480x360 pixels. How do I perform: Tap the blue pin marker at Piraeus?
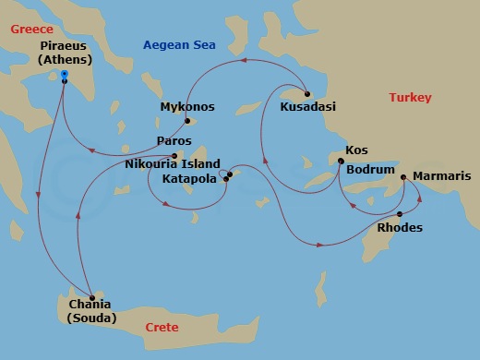pos(64,74)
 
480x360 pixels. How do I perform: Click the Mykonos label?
pos(186,107)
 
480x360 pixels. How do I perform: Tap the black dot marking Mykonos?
pos(186,121)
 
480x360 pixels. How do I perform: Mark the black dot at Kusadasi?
pos(306,93)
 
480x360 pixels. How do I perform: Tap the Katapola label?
pos(188,178)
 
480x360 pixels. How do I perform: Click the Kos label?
pos(355,150)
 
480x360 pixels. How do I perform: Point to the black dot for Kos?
pos(341,162)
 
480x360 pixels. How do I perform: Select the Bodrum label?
pos(369,171)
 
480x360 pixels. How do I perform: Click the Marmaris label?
pos(441,175)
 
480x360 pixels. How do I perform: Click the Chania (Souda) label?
pos(91,312)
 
